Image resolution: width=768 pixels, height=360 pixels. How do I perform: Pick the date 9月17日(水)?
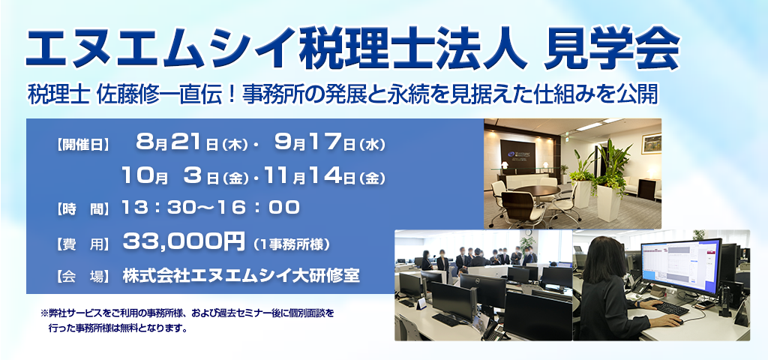[x=330, y=143]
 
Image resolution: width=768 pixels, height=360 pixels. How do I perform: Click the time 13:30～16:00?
[x=211, y=208]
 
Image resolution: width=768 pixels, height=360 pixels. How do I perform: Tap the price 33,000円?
[x=184, y=241]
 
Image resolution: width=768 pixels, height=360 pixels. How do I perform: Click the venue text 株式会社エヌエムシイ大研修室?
[x=241, y=275]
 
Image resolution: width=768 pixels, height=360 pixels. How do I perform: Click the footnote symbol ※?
[x=44, y=313]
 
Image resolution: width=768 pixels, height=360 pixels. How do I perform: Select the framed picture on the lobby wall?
[x=651, y=143]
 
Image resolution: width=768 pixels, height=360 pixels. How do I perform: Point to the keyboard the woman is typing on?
[x=671, y=308]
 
